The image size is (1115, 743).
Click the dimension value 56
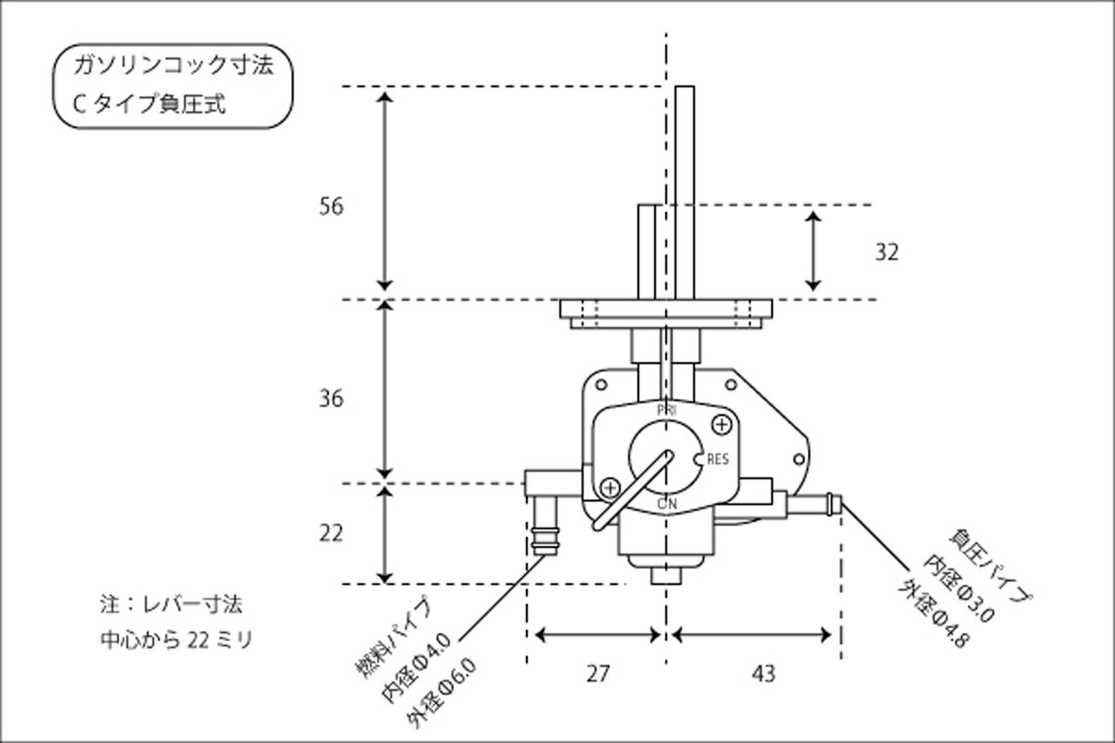point(330,206)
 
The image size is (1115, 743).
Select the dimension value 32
point(886,252)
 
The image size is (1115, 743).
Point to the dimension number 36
point(330,398)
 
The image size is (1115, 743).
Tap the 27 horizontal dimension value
point(598,673)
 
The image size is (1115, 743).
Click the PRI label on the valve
point(666,409)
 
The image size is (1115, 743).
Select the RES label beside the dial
point(717,459)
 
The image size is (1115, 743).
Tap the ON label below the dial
point(666,503)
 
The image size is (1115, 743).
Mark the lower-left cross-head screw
point(610,487)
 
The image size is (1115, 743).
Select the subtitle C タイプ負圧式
point(149,104)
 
